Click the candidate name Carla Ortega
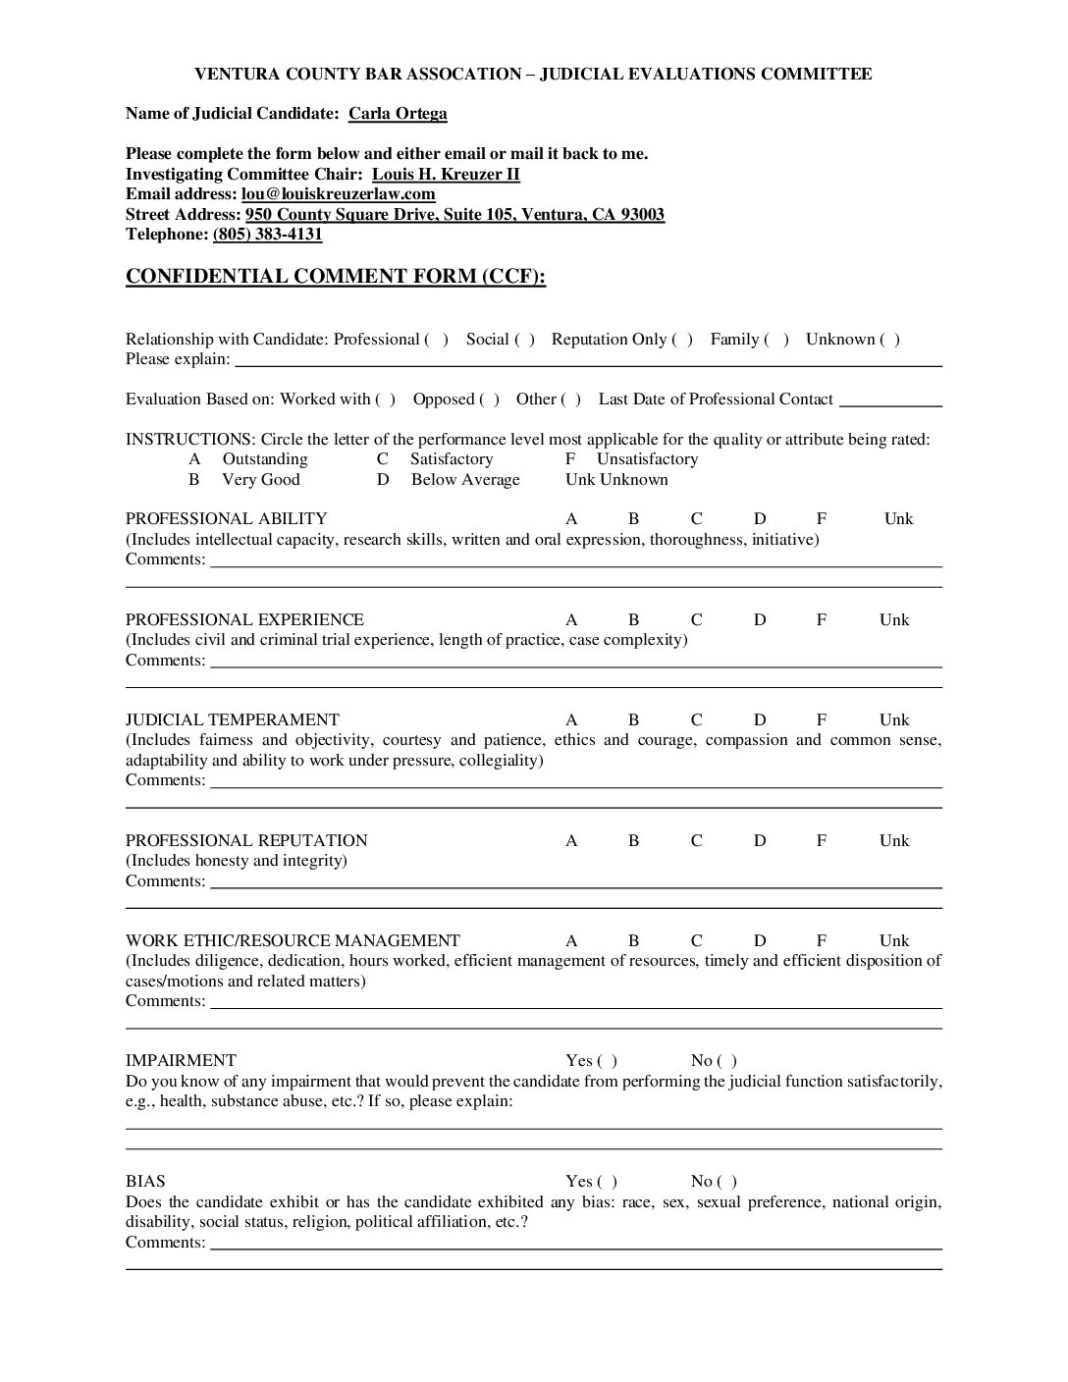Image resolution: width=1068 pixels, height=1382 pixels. [398, 114]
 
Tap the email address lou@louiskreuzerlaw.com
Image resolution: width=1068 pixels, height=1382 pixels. [338, 194]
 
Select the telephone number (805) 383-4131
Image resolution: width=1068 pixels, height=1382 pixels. [267, 235]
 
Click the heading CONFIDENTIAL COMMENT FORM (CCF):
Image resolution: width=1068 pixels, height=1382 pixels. [335, 277]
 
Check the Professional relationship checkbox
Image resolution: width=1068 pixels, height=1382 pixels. [437, 340]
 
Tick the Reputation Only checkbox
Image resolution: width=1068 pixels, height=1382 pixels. [682, 340]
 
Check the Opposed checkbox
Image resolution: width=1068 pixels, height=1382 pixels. [489, 399]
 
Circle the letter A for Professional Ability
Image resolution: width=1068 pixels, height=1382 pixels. [571, 519]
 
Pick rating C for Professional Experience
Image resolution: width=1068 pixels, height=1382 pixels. [696, 620]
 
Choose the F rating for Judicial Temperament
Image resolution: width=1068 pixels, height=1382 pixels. [822, 720]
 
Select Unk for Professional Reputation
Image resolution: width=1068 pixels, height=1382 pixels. [894, 841]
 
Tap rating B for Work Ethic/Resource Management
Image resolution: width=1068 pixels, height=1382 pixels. [633, 941]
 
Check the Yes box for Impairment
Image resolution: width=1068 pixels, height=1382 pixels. [608, 1061]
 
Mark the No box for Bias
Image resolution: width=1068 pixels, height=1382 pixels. [727, 1182]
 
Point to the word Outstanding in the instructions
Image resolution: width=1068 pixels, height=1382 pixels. [265, 459]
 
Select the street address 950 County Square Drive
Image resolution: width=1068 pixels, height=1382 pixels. [454, 215]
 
